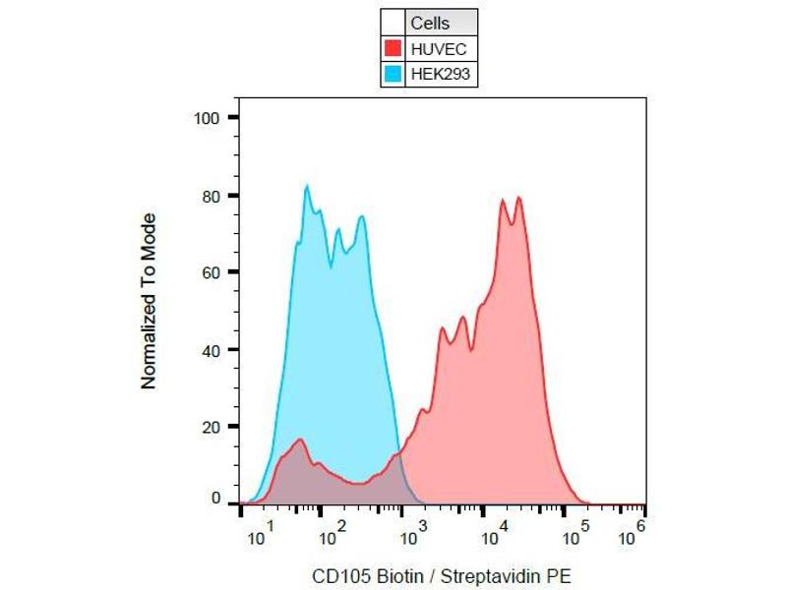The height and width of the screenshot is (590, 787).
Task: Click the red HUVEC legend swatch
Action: pyautogui.click(x=393, y=47)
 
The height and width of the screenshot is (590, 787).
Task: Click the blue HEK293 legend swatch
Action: pyautogui.click(x=393, y=73)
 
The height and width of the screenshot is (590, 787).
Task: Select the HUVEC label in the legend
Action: pyautogui.click(x=432, y=47)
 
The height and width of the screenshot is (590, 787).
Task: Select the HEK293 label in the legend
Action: pyautogui.click(x=434, y=73)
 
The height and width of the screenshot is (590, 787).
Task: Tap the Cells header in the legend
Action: pyautogui.click(x=429, y=23)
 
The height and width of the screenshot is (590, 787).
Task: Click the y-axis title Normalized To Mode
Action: pyautogui.click(x=150, y=301)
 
